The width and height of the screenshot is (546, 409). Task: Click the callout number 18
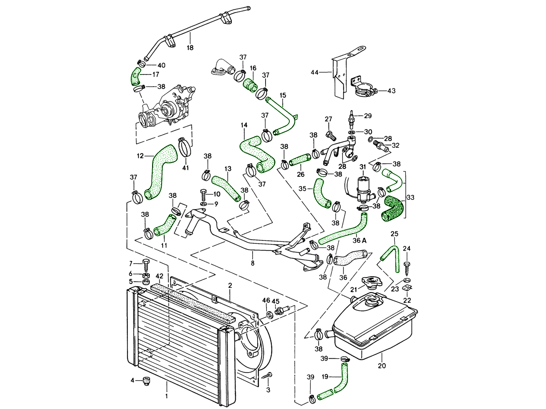[190, 47]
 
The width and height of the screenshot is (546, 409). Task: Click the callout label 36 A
[360, 241]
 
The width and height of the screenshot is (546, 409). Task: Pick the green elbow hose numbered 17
[135, 76]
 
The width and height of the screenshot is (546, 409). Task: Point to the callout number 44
[314, 72]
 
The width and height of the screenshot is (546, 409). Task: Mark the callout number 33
[411, 197]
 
